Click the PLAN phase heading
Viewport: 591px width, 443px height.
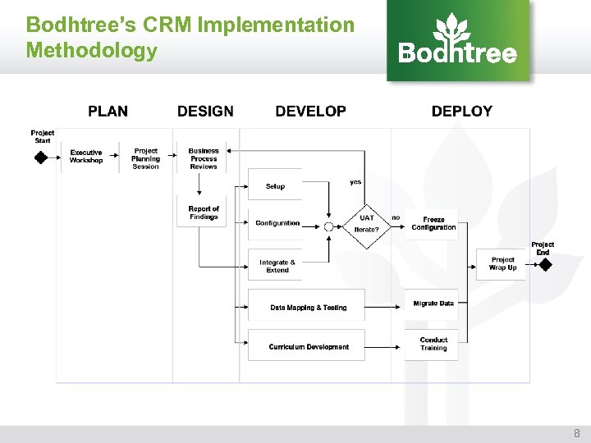click(x=108, y=112)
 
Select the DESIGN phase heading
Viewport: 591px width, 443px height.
click(x=205, y=112)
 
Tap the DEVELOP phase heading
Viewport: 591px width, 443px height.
click(x=310, y=112)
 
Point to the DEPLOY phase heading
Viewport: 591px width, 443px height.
click(x=461, y=112)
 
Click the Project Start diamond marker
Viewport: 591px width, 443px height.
click(x=41, y=157)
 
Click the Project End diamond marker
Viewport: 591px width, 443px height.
click(x=543, y=265)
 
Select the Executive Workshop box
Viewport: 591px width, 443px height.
click(x=86, y=157)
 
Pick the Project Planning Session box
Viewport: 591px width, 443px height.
click(x=146, y=158)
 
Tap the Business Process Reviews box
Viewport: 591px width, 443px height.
click(x=204, y=158)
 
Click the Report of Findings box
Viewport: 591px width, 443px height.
click(x=204, y=212)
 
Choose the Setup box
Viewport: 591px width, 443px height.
click(x=275, y=186)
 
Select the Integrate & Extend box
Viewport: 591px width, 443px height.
click(x=277, y=266)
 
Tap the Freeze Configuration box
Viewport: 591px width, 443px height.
click(x=433, y=223)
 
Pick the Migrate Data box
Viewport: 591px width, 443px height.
click(x=433, y=304)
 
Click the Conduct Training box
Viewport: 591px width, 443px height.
click(x=433, y=344)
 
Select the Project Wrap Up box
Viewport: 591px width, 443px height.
click(x=502, y=263)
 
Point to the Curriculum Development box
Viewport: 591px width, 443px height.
click(x=308, y=346)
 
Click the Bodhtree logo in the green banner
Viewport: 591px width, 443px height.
click(x=457, y=40)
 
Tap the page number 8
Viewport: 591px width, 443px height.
click(x=575, y=433)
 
